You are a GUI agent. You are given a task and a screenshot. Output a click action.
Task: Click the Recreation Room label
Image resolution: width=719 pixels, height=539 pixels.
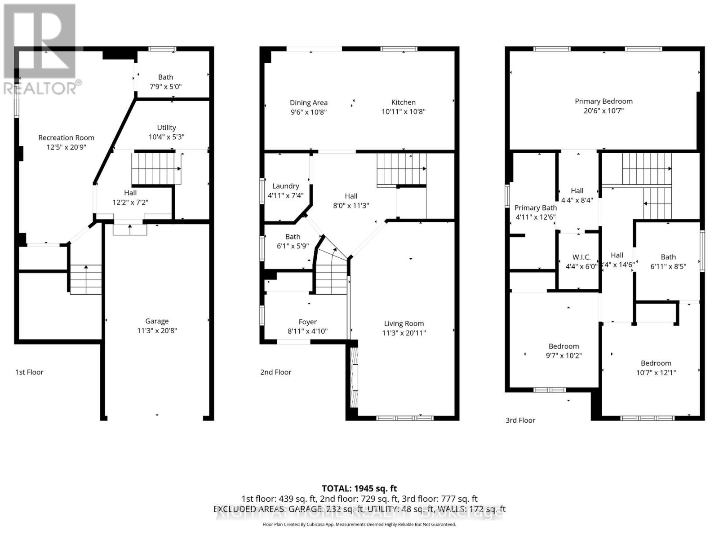(66, 137)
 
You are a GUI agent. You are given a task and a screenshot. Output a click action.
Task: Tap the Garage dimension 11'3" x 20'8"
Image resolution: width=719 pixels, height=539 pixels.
(157, 331)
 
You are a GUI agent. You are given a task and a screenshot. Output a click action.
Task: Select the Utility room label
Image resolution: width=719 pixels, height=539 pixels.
(166, 128)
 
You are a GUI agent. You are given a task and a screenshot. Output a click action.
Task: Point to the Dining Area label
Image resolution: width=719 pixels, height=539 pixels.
(308, 102)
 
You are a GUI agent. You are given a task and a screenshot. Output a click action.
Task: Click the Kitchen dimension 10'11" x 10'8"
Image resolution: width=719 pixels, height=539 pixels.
(403, 112)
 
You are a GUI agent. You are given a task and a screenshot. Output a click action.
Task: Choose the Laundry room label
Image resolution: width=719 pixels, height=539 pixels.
(285, 186)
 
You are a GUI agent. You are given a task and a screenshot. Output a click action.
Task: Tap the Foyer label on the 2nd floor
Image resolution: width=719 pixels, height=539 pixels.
(307, 322)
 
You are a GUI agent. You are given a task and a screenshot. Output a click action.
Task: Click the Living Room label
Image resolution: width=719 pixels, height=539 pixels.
(404, 323)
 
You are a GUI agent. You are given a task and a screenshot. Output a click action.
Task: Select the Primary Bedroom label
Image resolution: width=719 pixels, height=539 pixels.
(604, 101)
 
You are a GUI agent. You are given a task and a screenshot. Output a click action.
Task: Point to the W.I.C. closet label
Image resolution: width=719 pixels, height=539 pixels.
(581, 257)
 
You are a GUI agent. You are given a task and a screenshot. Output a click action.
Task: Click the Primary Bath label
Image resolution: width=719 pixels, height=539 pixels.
(535, 208)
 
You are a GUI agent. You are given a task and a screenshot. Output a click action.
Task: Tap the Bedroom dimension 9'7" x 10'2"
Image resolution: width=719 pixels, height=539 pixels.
(564, 355)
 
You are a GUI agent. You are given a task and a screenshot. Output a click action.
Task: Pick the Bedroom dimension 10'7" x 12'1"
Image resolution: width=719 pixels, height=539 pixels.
(656, 372)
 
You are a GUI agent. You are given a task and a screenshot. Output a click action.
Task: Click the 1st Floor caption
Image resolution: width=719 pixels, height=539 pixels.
(29, 372)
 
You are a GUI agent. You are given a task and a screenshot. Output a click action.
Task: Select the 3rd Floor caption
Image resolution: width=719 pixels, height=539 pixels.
(520, 420)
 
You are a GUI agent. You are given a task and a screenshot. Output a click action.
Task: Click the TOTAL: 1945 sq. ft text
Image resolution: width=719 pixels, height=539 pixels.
(359, 488)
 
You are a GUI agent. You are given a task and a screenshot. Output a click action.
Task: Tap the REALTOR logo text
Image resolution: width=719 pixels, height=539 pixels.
(43, 88)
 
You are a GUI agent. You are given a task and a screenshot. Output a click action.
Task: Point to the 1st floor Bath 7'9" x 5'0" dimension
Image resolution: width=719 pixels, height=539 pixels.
(165, 87)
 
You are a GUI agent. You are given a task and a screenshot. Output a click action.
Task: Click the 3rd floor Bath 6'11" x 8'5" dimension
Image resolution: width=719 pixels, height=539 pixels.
(668, 266)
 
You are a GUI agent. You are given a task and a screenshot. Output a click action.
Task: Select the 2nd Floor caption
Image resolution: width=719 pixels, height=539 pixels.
(275, 372)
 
